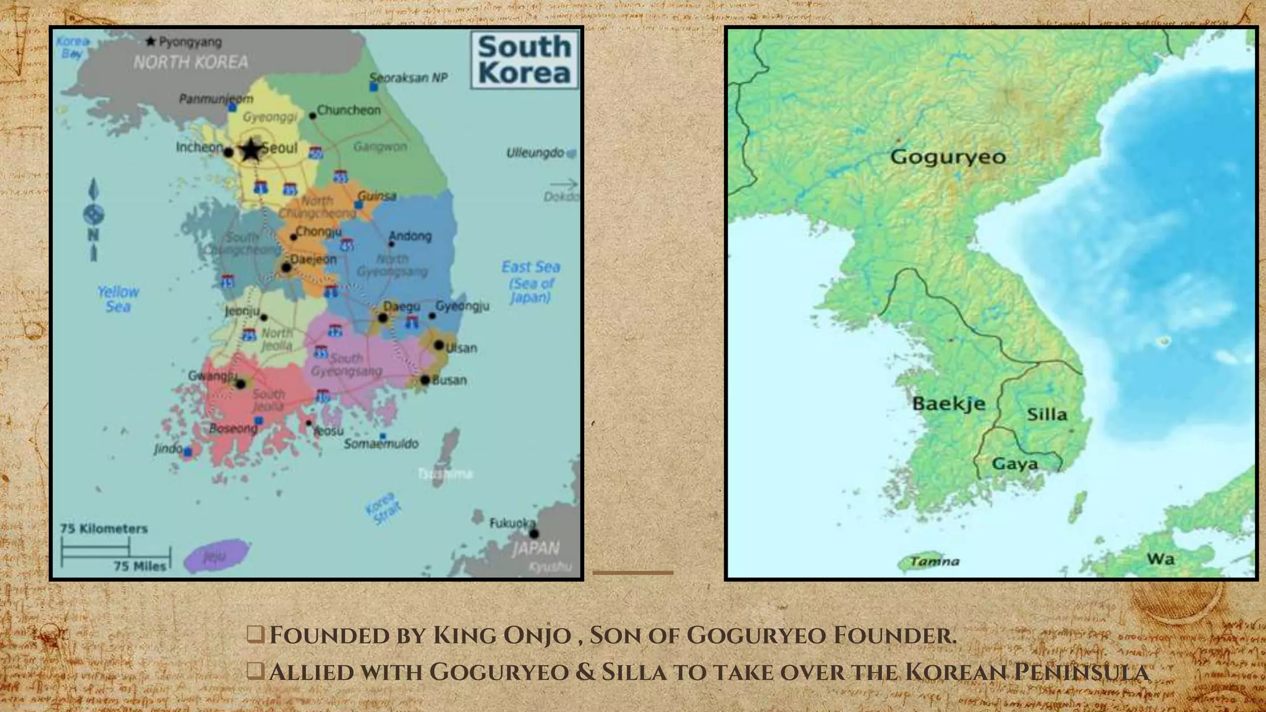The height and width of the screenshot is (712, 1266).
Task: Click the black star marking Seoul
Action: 251,150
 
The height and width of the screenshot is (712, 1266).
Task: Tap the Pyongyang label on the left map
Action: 190,42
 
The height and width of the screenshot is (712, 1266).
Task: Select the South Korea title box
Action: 525,60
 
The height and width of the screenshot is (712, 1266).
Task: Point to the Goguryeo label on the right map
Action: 948,157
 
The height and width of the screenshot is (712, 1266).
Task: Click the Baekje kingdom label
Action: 948,404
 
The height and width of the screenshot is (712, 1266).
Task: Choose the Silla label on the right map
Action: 1047,414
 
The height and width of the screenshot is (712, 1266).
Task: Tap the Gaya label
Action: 1014,464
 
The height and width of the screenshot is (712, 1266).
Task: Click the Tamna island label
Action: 935,561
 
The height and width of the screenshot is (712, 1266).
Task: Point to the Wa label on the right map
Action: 1160,559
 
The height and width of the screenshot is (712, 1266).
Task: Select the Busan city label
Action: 449,380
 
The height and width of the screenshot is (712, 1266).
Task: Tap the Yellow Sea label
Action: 118,299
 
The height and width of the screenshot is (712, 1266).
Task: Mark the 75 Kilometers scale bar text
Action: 104,528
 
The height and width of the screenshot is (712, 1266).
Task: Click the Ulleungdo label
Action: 535,153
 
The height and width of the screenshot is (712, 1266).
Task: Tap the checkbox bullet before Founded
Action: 255,634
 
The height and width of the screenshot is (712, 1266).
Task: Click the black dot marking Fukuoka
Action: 534,533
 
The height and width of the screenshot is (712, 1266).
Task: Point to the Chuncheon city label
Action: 349,110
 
